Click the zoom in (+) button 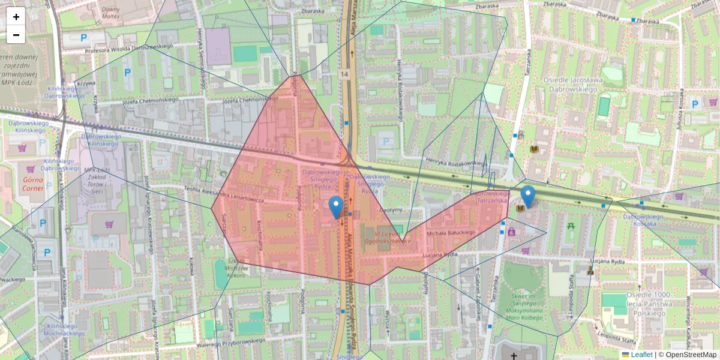point(16,17)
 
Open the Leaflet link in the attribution point(641,355)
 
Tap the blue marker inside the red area point(337,207)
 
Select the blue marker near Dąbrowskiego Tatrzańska point(528,197)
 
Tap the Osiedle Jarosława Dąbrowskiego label point(571,85)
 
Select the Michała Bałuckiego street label point(451,232)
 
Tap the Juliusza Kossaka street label point(680,113)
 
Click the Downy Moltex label point(111,14)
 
